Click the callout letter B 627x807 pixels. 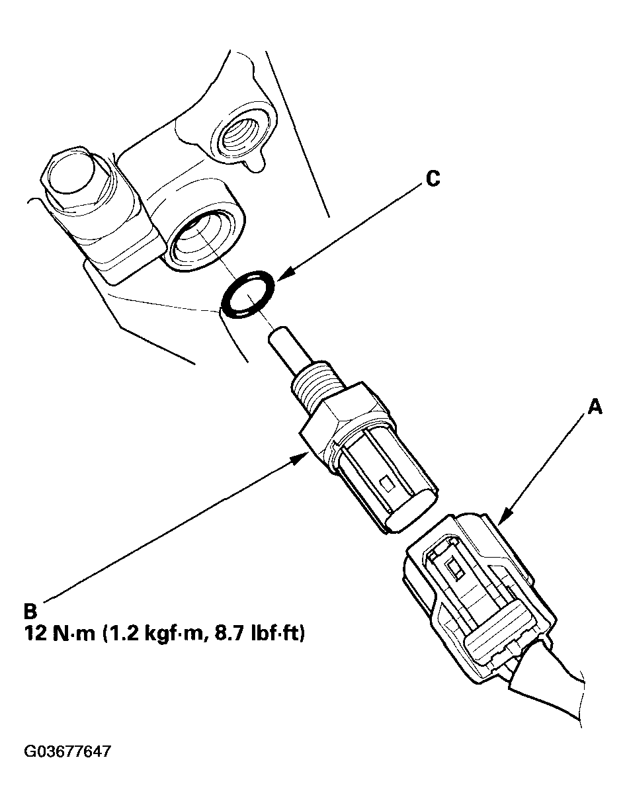[31, 609]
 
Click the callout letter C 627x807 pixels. [432, 179]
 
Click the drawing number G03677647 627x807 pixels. [67, 752]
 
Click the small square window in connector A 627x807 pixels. [455, 566]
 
